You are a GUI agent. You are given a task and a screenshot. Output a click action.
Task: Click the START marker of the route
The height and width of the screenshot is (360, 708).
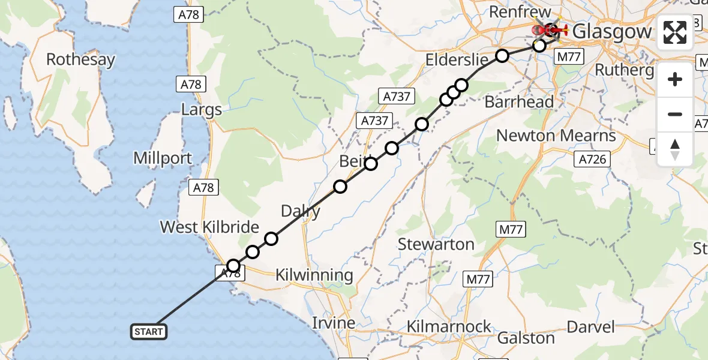point(148,332)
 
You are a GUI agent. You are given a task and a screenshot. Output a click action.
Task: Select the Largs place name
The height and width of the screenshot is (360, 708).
point(202,110)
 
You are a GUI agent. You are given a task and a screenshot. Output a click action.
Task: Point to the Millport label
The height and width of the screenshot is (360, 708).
point(163,159)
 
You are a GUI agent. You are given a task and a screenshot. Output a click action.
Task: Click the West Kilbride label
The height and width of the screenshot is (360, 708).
point(209,227)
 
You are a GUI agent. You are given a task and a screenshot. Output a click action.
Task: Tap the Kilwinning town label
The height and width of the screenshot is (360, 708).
point(314,275)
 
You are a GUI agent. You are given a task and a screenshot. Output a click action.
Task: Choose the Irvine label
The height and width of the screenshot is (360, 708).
point(334,322)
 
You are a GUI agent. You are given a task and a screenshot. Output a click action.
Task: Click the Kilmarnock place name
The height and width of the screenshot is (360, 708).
point(449,327)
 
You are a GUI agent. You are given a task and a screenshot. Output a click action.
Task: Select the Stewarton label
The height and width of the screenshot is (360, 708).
point(436,244)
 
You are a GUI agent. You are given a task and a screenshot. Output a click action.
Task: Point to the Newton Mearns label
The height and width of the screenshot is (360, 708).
point(556,136)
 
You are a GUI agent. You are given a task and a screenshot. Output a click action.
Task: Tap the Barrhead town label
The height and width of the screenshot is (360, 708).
point(518,102)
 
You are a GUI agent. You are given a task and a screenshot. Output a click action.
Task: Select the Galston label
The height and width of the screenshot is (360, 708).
point(526,338)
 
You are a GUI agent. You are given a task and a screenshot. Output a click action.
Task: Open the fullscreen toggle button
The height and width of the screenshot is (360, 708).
point(674,32)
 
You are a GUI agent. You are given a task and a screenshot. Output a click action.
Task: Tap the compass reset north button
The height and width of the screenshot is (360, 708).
point(674,149)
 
